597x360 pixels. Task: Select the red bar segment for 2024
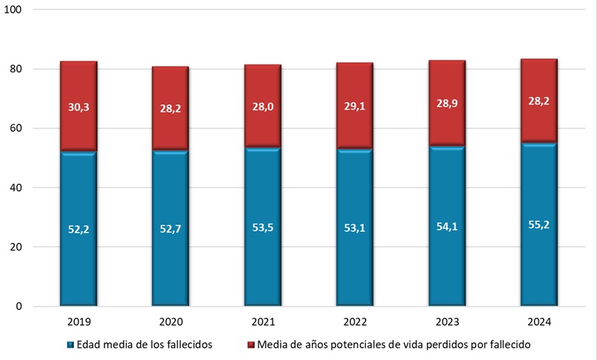[538, 81]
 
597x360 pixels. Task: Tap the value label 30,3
[79, 107]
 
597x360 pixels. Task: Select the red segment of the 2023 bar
[447, 81]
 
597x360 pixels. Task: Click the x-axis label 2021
[262, 322]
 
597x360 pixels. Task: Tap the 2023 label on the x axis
[447, 322]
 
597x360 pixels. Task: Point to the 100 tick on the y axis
[16, 10]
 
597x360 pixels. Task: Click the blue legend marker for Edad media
[70, 344]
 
